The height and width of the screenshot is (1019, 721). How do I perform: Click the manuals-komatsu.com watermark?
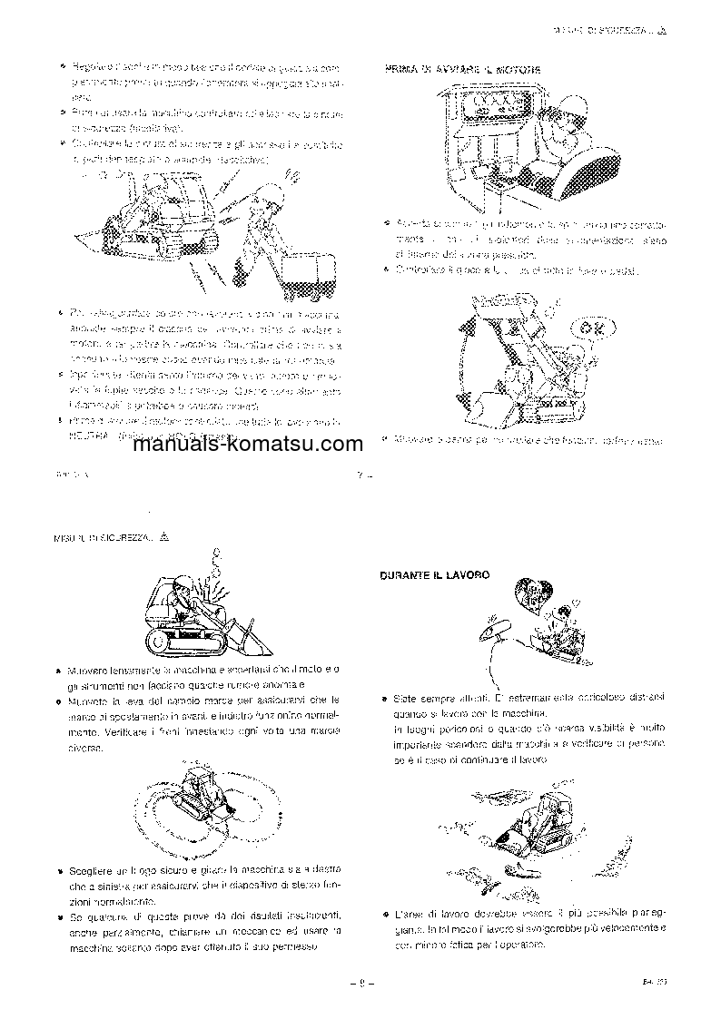[240, 445]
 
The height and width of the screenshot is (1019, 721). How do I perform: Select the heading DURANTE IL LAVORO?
[435, 575]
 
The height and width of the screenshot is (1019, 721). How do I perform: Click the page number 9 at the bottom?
[360, 981]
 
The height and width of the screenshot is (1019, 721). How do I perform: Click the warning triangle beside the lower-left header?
[164, 536]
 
